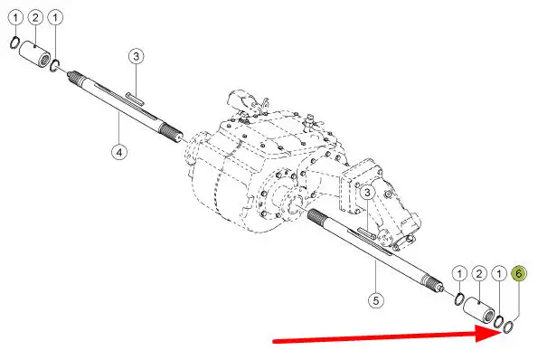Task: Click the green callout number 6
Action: (x=519, y=273)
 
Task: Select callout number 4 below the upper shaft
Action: (x=119, y=152)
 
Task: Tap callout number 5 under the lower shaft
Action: (x=376, y=300)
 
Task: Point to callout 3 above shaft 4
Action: (x=136, y=56)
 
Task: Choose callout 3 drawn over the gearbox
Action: (x=367, y=192)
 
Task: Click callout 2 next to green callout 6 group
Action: (x=479, y=274)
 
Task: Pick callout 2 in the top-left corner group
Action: (x=35, y=18)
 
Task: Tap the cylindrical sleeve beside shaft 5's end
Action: (x=478, y=309)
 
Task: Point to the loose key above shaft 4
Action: (x=135, y=99)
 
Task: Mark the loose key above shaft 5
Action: (x=366, y=232)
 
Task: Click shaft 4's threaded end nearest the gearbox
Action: (x=171, y=132)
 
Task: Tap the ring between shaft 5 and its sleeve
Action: (x=460, y=299)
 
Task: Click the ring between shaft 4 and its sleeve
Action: (x=55, y=66)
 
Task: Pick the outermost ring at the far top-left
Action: (x=14, y=43)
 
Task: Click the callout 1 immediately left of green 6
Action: (x=499, y=274)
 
